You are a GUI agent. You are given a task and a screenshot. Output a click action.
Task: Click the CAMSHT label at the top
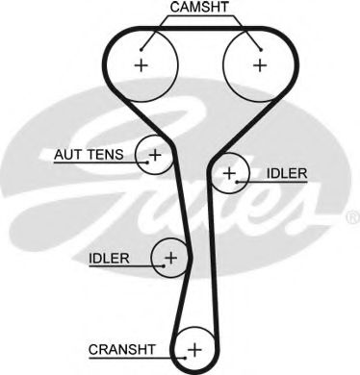click(199, 7)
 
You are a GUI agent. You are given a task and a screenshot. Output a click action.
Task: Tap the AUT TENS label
click(89, 155)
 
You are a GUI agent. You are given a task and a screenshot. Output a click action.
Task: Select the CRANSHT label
click(122, 349)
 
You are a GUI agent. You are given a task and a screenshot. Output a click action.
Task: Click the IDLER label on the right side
click(287, 173)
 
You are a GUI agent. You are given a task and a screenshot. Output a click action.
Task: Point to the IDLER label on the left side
click(109, 259)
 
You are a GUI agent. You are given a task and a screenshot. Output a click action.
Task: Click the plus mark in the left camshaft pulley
click(141, 65)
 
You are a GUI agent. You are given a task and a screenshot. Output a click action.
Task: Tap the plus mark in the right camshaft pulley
click(260, 65)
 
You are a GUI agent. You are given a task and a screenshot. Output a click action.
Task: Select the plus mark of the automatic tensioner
click(155, 155)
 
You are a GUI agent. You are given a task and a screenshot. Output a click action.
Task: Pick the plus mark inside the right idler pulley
click(229, 173)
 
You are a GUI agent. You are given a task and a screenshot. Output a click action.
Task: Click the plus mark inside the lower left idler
click(170, 258)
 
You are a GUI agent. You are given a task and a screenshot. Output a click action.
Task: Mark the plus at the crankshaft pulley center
click(194, 349)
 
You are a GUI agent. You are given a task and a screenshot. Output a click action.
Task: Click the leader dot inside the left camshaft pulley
click(141, 49)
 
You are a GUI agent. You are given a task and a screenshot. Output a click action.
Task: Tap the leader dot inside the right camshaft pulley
click(261, 50)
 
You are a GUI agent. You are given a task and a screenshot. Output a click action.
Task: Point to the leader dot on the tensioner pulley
click(147, 162)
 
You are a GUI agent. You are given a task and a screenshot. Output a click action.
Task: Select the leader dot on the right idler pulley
click(237, 182)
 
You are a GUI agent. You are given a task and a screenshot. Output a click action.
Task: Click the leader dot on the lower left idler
click(164, 265)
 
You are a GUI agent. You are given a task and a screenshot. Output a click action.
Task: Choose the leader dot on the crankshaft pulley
click(185, 358)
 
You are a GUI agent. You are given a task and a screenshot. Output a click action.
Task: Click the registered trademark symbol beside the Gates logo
click(353, 217)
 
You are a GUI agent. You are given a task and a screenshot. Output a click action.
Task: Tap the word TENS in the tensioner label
click(105, 155)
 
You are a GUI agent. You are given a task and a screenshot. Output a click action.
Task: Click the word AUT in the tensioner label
click(67, 155)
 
